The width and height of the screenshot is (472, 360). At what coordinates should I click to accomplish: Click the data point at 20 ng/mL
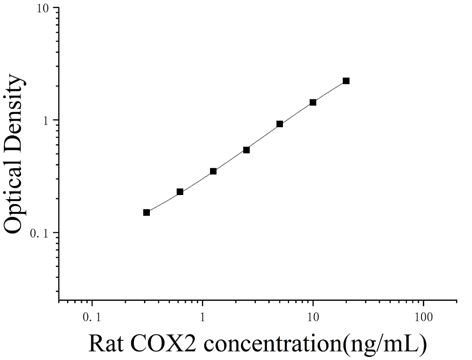(346, 81)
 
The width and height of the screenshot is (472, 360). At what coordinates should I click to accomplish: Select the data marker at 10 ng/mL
(313, 103)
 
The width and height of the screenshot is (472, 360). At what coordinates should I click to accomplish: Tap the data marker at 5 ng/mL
(280, 124)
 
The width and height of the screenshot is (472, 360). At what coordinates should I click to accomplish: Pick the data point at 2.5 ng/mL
(246, 150)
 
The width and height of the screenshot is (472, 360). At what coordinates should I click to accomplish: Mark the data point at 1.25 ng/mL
(213, 171)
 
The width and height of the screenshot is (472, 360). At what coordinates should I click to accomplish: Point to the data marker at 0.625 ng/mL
(180, 192)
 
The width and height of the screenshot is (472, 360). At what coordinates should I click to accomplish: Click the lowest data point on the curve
(147, 212)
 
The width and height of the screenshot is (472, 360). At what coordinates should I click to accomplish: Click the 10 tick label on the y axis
(43, 8)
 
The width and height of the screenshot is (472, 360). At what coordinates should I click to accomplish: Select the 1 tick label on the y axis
(46, 121)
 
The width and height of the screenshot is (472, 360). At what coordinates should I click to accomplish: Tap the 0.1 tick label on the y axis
(40, 233)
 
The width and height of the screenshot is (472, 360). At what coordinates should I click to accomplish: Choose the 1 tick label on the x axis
(202, 317)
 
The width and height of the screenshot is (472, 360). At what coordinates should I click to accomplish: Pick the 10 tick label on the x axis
(313, 317)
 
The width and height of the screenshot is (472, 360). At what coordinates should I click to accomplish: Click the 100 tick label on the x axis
(424, 317)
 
